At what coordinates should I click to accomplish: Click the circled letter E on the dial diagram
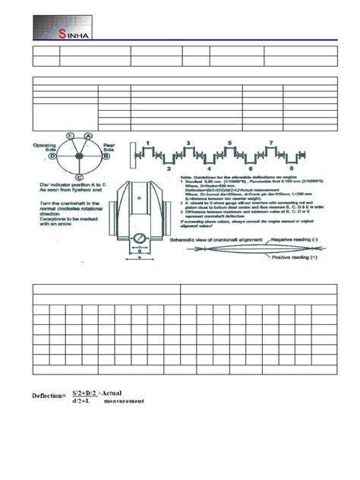[x=70, y=134]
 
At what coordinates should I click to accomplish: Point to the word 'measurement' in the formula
[x=124, y=401]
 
